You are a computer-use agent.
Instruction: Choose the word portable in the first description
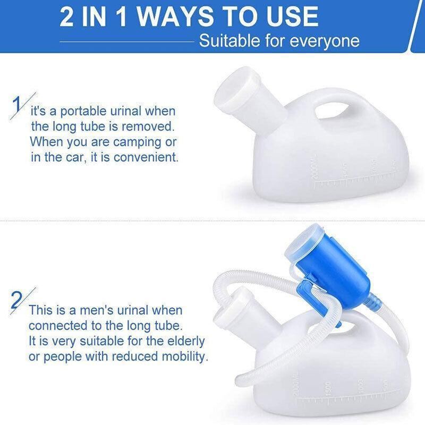(x=84, y=112)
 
